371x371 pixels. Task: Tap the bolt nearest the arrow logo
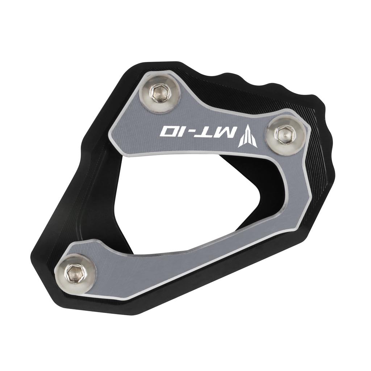click(283, 134)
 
